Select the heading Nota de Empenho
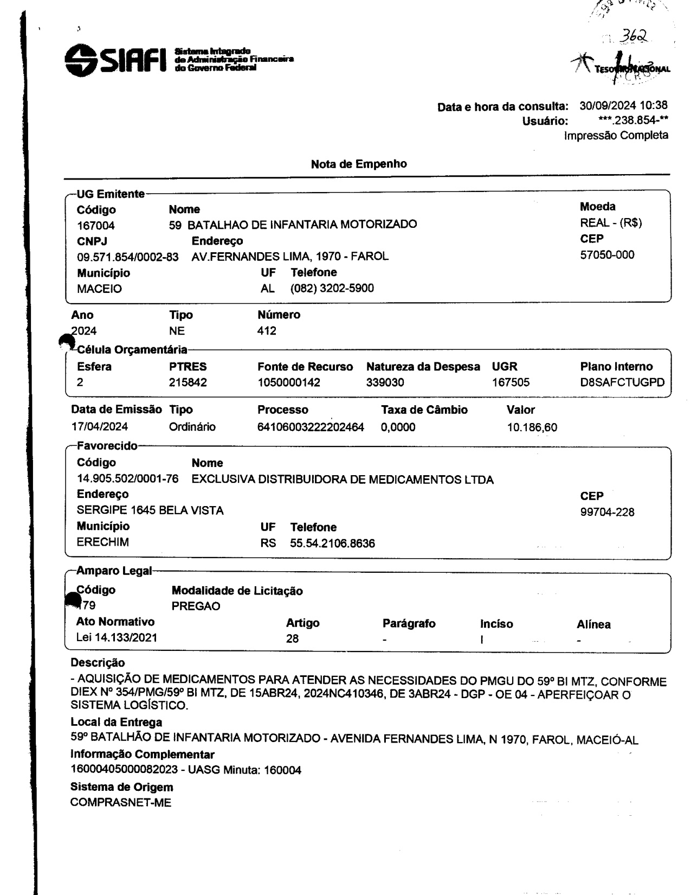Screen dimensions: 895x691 [359, 164]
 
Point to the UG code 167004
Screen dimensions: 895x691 [96, 226]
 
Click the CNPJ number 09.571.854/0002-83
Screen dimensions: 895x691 [128, 257]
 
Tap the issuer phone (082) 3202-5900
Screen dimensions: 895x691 [332, 289]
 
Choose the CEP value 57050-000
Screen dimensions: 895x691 [607, 254]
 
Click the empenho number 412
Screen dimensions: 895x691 [267, 331]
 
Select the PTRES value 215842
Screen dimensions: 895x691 [188, 383]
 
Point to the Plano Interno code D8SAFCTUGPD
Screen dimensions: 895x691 [622, 383]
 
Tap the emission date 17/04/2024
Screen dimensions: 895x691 [100, 427]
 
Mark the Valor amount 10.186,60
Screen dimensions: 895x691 [532, 428]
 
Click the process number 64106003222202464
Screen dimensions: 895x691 [311, 427]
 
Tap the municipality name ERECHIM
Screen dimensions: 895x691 [103, 543]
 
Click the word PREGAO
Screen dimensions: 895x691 [196, 606]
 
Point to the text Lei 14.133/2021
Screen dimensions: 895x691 [117, 638]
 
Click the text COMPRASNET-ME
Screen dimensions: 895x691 [121, 803]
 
